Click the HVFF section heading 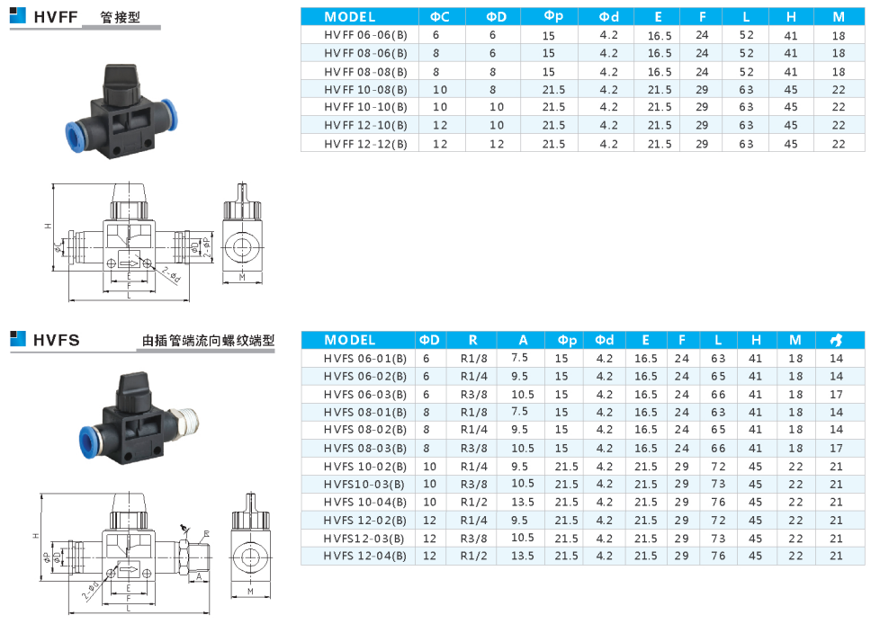(x=56, y=16)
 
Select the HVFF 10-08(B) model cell (x=365, y=90)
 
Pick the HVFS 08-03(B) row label (x=365, y=448)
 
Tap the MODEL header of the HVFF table (x=350, y=16)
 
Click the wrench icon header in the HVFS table (x=836, y=340)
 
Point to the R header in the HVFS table (x=473, y=340)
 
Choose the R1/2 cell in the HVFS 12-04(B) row (x=473, y=556)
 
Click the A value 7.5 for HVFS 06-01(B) (x=520, y=357)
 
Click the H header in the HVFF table (x=791, y=16)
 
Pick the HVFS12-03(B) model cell (x=365, y=538)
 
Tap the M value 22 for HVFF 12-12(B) (x=839, y=144)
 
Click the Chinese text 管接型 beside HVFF (x=122, y=17)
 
